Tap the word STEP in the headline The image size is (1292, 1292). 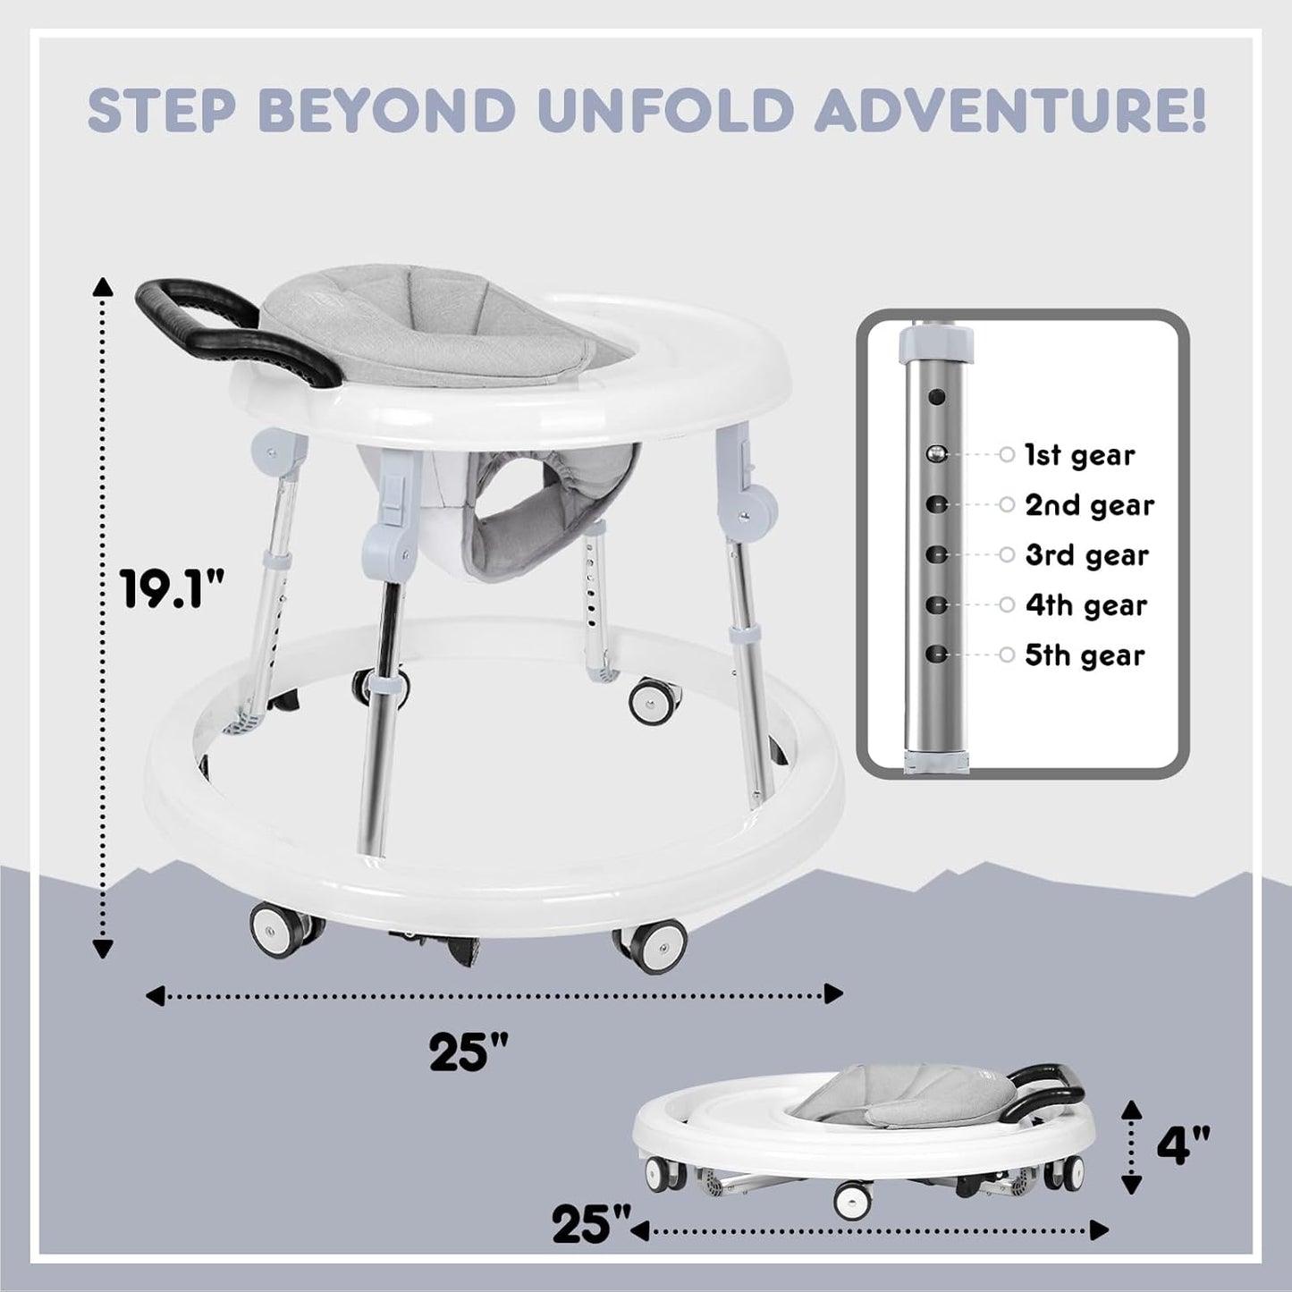click(166, 110)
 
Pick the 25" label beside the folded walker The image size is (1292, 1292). click(591, 1224)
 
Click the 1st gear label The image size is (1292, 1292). click(1079, 455)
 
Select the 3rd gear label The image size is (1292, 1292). click(1086, 555)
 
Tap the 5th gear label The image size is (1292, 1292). click(1085, 655)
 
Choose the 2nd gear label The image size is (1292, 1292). click(1089, 505)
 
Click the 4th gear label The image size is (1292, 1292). click(1085, 605)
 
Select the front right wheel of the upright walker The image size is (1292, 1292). click(649, 944)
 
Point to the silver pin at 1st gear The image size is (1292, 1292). click(936, 454)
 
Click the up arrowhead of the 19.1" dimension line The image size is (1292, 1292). click(104, 286)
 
